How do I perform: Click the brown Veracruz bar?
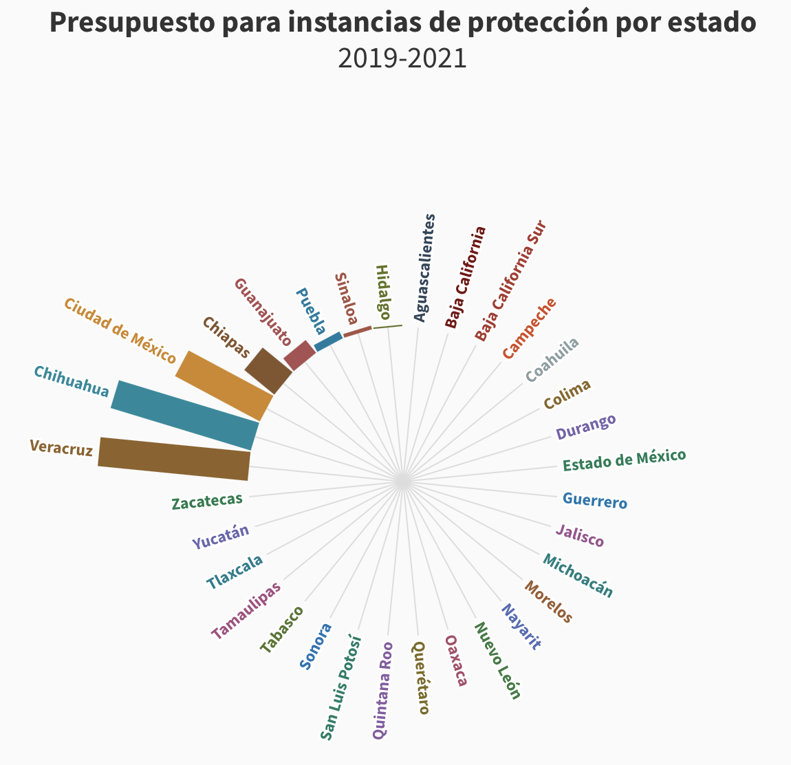click(173, 459)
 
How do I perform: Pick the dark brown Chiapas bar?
click(263, 371)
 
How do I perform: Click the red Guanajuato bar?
click(299, 356)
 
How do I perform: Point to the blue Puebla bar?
click(328, 341)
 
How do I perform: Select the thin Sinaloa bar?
click(357, 332)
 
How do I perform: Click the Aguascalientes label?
click(425, 268)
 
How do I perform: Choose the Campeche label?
click(528, 328)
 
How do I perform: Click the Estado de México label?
click(624, 460)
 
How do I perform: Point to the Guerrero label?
click(594, 500)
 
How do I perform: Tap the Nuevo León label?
click(497, 660)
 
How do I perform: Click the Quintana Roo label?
click(382, 689)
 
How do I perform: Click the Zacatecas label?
click(207, 501)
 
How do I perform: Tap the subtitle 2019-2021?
click(402, 58)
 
